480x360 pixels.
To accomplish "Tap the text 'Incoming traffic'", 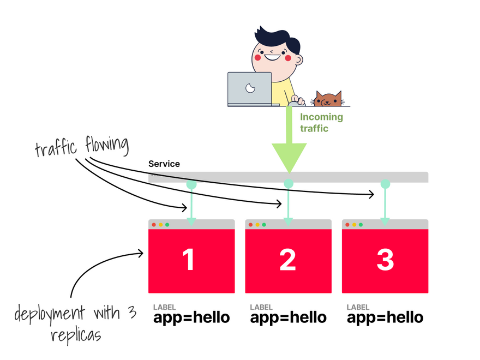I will (x=321, y=123).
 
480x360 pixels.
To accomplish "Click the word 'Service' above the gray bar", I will (x=164, y=164).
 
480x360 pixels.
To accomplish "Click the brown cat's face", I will (x=327, y=100).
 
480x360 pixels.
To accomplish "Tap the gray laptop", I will (x=250, y=88).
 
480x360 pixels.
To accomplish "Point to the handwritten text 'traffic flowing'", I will (x=82, y=147).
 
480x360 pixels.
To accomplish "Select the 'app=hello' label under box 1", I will (x=191, y=317).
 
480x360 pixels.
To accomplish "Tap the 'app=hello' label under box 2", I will (x=288, y=317).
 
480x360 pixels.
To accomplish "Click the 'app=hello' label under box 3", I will (x=385, y=317).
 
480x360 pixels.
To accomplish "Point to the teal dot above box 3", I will (x=385, y=184).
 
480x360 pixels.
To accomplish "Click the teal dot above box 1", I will (x=191, y=184).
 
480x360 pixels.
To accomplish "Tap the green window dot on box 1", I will (x=167, y=225).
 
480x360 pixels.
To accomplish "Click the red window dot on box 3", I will (x=347, y=225).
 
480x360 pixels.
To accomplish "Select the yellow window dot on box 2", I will (x=257, y=225).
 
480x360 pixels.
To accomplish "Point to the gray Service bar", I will (x=338, y=177).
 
